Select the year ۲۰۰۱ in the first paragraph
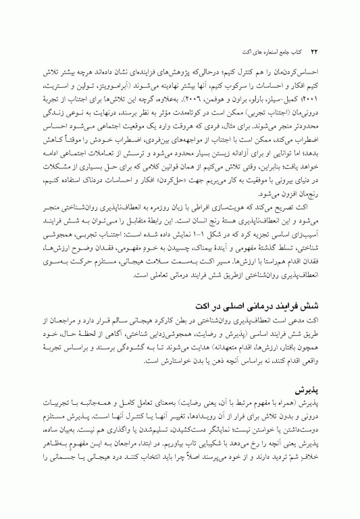pyautogui.click(x=318, y=106)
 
